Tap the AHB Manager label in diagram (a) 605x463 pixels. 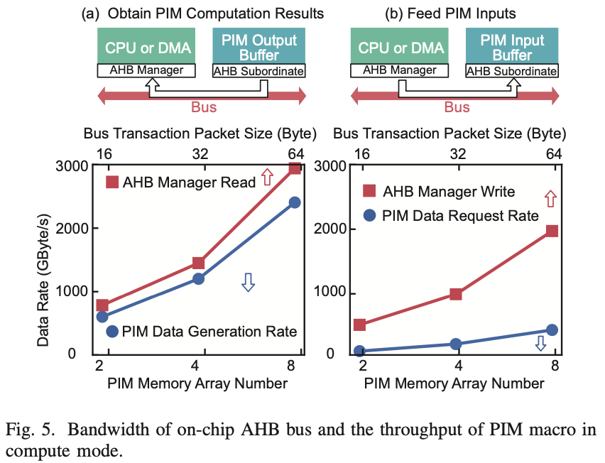pyautogui.click(x=147, y=70)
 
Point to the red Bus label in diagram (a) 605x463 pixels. pyautogui.click(x=204, y=108)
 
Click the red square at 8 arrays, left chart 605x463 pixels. pyautogui.click(x=295, y=168)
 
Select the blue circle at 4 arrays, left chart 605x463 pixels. pyautogui.click(x=199, y=278)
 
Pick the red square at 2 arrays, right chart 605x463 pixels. pyautogui.click(x=359, y=325)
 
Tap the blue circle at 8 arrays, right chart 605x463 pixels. pyautogui.click(x=552, y=330)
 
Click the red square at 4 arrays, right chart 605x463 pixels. pyautogui.click(x=456, y=293)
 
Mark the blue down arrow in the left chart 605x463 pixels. pyautogui.click(x=248, y=282)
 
